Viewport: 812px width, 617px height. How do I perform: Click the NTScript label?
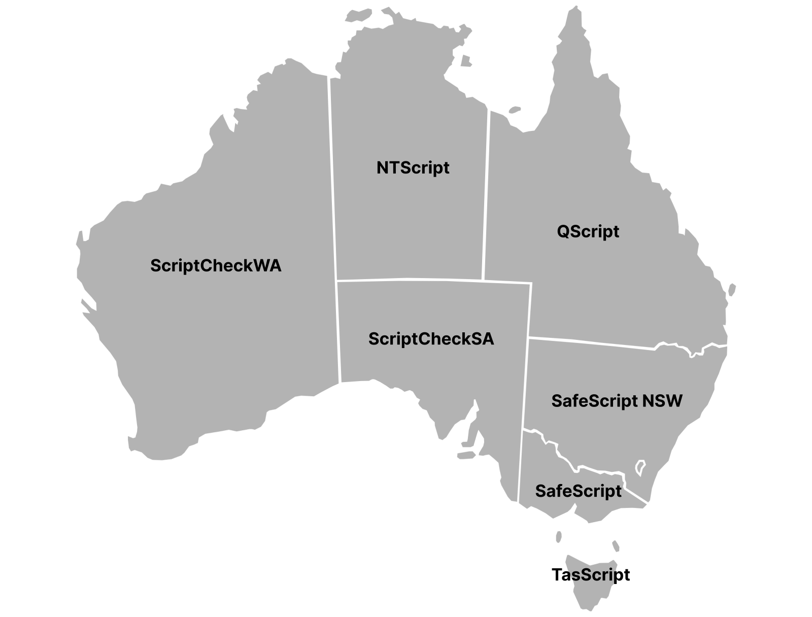(413, 167)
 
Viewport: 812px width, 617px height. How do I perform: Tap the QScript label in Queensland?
(588, 231)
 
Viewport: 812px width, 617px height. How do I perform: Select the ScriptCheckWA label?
(216, 265)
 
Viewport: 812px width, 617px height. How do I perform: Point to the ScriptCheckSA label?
(431, 338)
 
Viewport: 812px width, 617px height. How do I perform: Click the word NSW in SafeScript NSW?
(662, 401)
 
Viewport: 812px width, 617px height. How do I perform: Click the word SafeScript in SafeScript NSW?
(594, 401)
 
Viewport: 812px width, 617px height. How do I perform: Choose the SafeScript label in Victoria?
(578, 491)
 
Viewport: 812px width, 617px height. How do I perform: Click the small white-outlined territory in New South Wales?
(640, 467)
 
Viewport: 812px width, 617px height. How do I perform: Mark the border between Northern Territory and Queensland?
(486, 193)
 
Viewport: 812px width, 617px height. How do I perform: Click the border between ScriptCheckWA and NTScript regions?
(333, 178)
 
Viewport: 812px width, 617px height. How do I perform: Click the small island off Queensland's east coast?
(732, 289)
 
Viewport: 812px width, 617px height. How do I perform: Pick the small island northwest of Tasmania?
(559, 536)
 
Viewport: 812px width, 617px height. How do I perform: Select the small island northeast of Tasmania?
(616, 546)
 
